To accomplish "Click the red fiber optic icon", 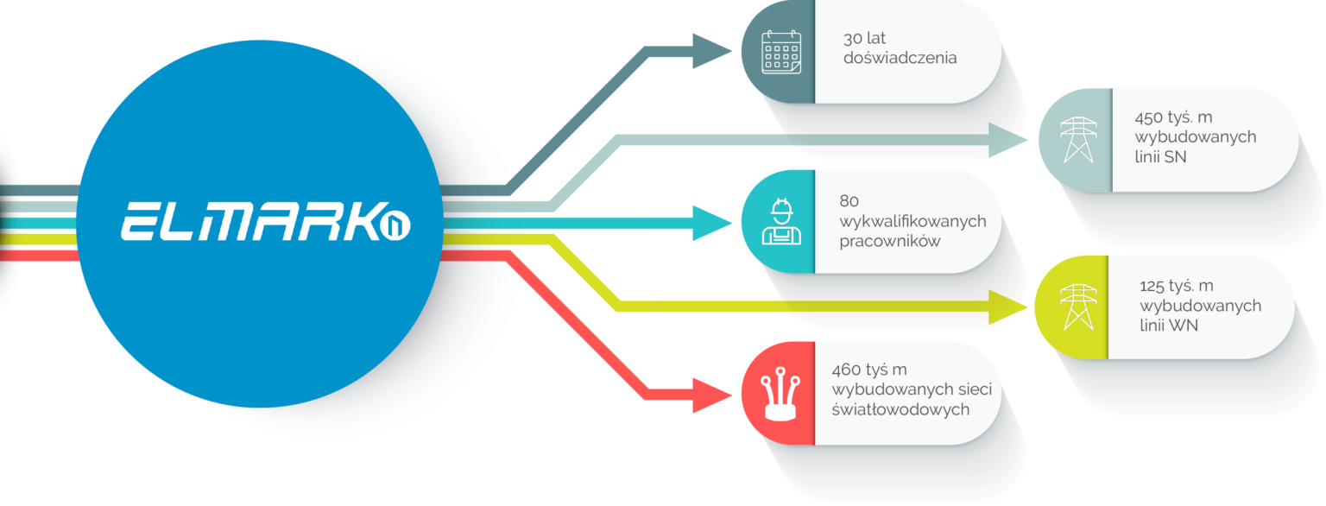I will click(x=779, y=394).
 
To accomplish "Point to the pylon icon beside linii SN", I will click(x=1076, y=139).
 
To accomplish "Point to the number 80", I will click(x=849, y=202).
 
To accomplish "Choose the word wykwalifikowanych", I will click(x=912, y=222).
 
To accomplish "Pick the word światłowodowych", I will click(x=900, y=409).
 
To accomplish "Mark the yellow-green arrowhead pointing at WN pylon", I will click(x=1011, y=307).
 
